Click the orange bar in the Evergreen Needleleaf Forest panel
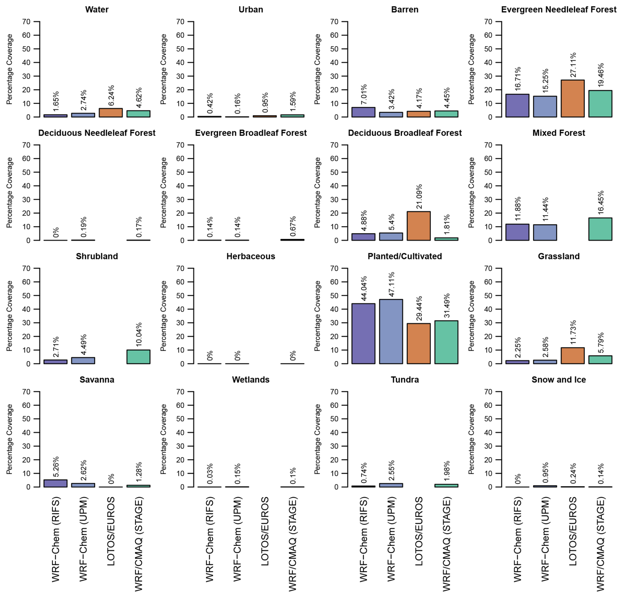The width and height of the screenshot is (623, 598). point(573,99)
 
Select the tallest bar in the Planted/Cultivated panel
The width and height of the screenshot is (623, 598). point(391,332)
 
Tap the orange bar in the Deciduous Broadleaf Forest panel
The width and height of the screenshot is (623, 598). point(419,226)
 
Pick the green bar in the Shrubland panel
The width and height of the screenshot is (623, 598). point(138,357)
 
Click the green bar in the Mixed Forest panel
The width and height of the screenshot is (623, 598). point(600,229)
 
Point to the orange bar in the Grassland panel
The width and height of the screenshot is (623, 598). point(573,356)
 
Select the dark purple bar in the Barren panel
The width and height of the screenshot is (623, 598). point(363,112)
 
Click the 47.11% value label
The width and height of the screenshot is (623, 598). point(391,284)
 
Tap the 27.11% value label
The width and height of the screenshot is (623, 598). point(573,65)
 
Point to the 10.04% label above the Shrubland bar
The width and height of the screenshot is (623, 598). point(139,335)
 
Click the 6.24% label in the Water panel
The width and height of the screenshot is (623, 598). point(111,96)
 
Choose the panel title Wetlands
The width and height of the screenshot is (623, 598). point(251,380)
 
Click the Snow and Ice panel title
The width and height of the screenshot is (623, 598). point(558,380)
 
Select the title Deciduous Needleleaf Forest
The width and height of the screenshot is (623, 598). point(97,133)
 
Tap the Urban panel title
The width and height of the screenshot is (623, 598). point(251,10)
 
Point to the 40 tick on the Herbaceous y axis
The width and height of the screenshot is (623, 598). point(180,309)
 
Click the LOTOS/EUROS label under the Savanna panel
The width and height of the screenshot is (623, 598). point(111,531)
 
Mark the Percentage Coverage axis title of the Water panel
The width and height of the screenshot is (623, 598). point(9,69)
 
